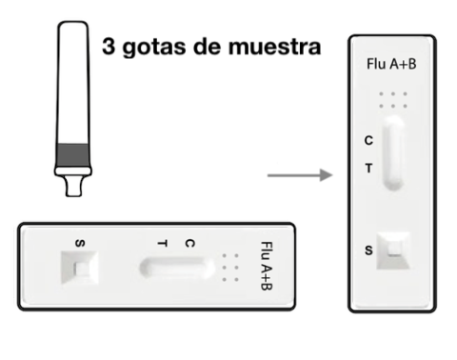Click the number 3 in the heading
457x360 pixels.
[109, 47]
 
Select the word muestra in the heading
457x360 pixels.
[275, 47]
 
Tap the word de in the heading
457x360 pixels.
[207, 47]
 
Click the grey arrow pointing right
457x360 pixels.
[300, 175]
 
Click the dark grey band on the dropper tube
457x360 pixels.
[73, 154]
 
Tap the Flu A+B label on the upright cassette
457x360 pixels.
[391, 64]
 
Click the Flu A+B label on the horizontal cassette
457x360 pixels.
[267, 266]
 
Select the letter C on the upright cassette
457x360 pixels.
[368, 141]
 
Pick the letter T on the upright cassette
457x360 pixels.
[368, 169]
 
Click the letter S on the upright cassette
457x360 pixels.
[368, 250]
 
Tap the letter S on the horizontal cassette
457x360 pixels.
[80, 244]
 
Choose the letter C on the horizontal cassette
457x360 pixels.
[189, 244]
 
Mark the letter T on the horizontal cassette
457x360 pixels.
[162, 244]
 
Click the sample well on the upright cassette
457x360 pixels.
[393, 250]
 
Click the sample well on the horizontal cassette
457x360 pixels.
[79, 268]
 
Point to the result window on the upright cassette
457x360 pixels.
[393, 152]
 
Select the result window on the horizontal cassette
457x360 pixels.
[176, 268]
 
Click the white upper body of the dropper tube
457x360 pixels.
[73, 83]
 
